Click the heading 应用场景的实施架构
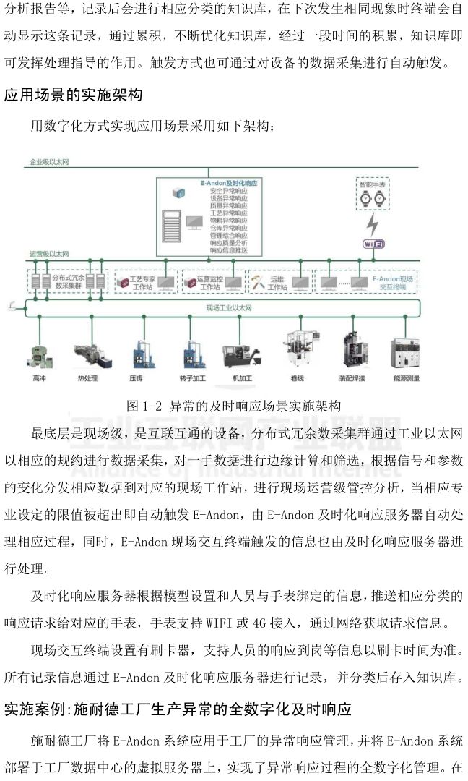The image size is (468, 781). tap(74, 94)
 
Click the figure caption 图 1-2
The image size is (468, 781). tap(233, 406)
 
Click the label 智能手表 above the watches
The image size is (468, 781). tap(373, 185)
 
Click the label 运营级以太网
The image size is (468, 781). tap(48, 255)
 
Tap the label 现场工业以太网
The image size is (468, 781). tap(228, 308)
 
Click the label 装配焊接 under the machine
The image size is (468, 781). tap(354, 378)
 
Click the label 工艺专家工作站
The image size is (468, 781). tap(142, 282)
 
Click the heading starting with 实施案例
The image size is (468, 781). tap(178, 709)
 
